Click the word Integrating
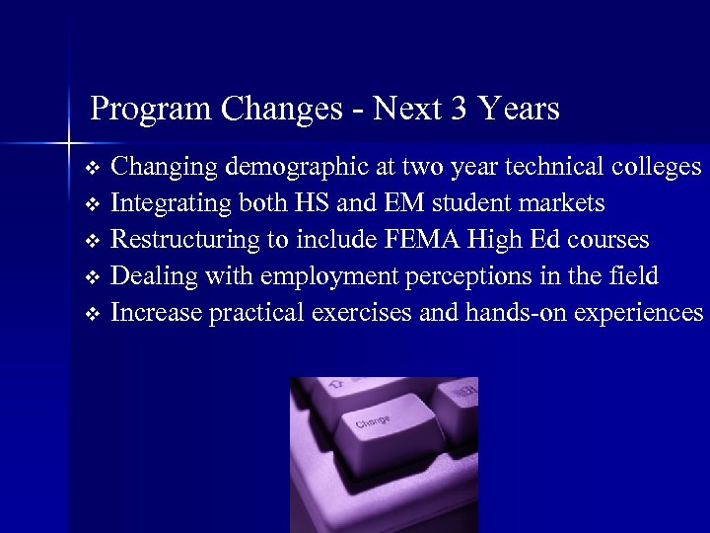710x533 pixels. [170, 204]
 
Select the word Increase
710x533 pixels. [155, 313]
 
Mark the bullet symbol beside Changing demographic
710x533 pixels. [93, 168]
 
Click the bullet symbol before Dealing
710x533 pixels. [93, 277]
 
